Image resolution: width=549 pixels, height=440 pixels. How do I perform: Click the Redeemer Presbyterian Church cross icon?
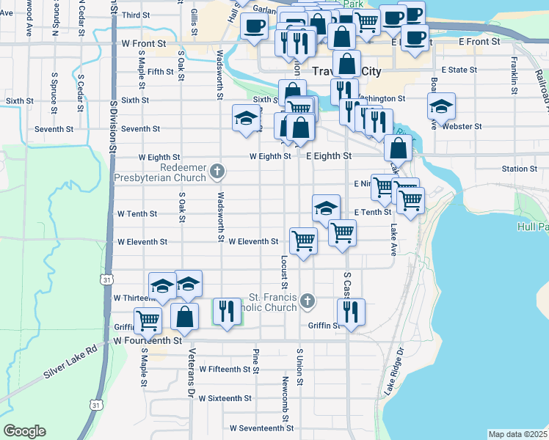point(217,171)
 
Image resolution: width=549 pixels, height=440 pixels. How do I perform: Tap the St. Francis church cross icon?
point(309,300)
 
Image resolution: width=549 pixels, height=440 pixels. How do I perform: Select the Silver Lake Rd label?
point(70,362)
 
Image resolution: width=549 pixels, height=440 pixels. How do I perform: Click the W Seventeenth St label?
point(261,428)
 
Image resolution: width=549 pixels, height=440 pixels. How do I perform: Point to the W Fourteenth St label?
point(147,341)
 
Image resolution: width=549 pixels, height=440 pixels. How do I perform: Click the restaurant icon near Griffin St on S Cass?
point(351,312)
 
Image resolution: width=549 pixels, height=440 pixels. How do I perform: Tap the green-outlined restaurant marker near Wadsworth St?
point(227,311)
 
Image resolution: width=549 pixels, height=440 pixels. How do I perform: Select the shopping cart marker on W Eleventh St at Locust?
point(303,240)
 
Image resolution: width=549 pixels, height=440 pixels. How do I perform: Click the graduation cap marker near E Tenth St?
point(326,208)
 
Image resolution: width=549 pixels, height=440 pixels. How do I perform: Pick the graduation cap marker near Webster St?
point(441,106)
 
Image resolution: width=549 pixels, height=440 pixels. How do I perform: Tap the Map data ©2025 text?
point(517,434)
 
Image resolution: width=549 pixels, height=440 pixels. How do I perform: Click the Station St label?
point(520,169)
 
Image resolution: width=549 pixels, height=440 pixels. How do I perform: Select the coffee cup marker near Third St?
point(254,27)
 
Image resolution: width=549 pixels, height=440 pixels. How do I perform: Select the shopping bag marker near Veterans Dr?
point(184,317)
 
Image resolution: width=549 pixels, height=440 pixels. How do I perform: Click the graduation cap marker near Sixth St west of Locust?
point(246,118)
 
